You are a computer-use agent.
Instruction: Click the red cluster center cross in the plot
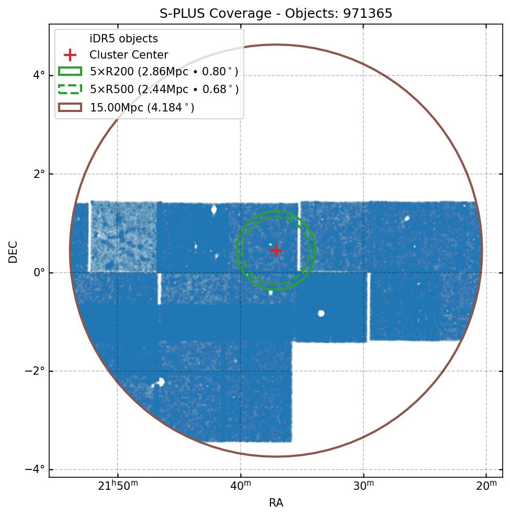click(276, 251)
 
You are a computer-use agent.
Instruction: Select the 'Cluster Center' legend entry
click(129, 55)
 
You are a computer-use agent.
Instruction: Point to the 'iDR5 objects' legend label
click(123, 39)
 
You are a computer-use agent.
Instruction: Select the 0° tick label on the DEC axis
click(39, 273)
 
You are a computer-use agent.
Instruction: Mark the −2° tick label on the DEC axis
click(36, 371)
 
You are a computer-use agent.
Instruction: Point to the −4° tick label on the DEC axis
click(36, 469)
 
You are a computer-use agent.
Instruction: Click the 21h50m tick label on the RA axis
click(118, 487)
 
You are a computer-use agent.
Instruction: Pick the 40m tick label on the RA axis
click(241, 487)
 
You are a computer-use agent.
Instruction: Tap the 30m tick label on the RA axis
click(364, 487)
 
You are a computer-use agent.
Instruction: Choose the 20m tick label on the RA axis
click(486, 487)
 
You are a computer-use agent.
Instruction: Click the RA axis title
click(276, 503)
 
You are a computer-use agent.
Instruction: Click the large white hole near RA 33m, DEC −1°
click(321, 313)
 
